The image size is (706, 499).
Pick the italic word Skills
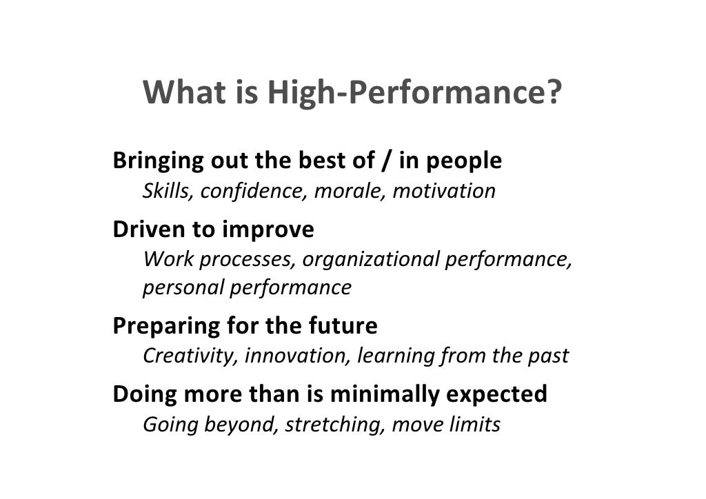pos(168,191)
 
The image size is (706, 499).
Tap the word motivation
pos(443,191)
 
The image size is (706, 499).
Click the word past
pos(549,356)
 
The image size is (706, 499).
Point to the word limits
pos(474,425)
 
